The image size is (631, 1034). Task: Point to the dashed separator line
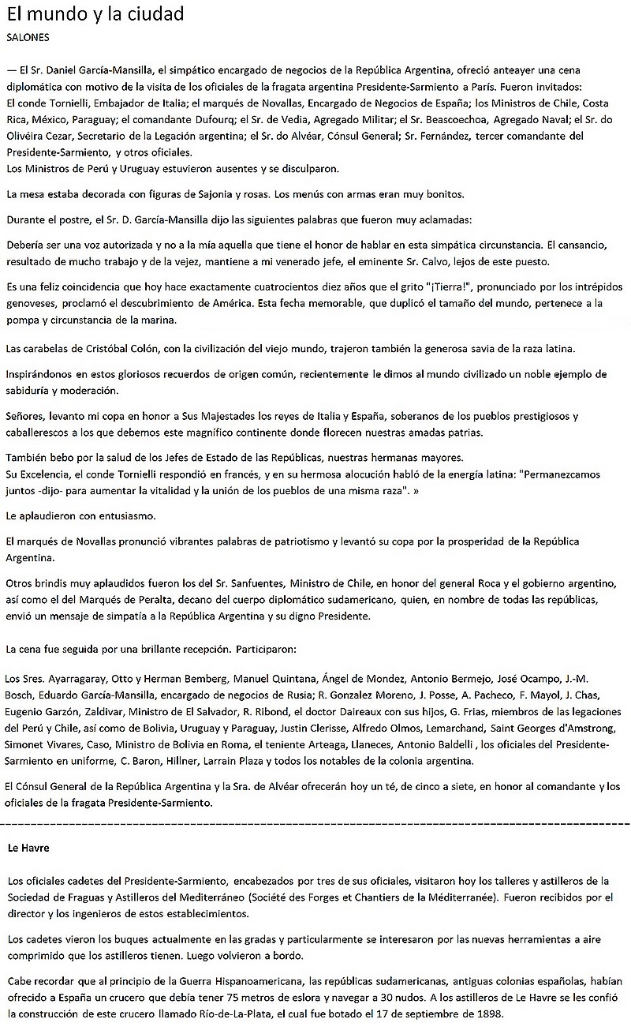pos(315,823)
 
